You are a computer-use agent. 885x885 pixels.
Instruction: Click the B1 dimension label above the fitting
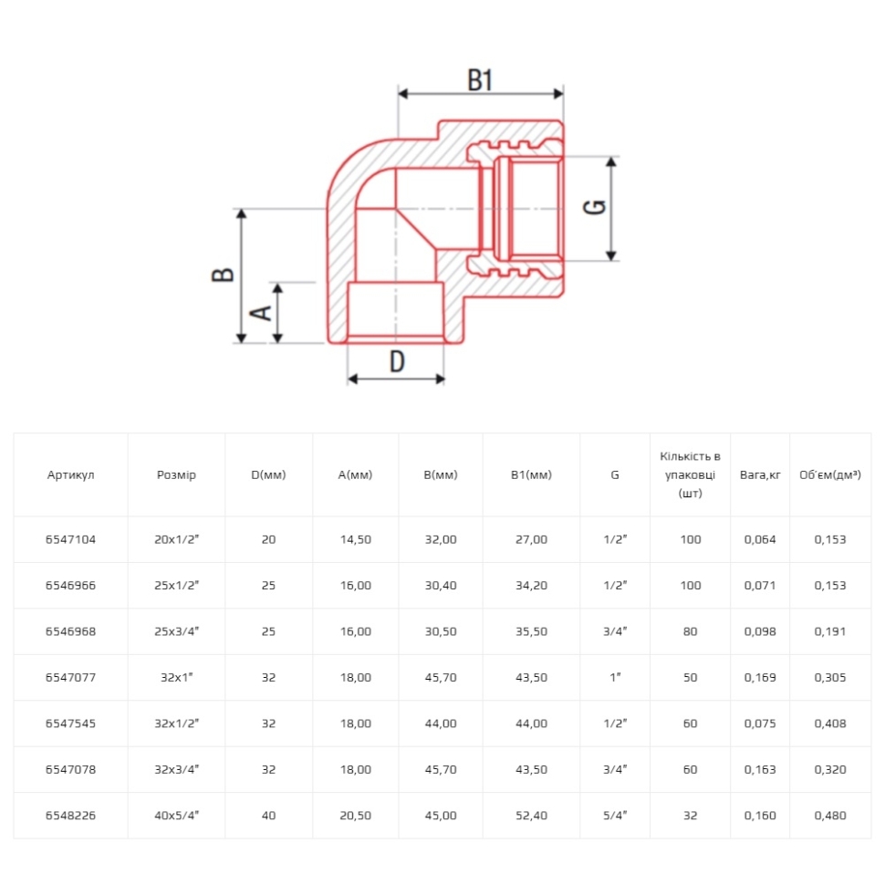click(480, 80)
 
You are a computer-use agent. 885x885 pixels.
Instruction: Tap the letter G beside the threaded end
click(594, 207)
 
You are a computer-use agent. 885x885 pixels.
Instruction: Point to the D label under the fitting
click(398, 361)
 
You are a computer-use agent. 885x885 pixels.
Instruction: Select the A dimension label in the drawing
click(261, 313)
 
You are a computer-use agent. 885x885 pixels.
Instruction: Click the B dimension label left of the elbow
click(223, 275)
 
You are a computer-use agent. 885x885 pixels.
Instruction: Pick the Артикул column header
click(70, 474)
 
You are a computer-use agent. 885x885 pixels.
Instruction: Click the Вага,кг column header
click(760, 474)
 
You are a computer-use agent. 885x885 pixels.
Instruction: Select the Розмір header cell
click(176, 474)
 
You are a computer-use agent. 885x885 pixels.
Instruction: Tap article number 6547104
click(70, 539)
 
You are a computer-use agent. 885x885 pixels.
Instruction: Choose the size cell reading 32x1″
click(176, 677)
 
